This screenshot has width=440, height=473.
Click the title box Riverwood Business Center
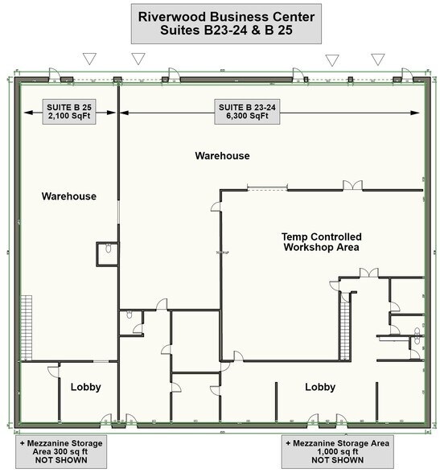coord(226,23)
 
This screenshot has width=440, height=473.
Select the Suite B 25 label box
coord(69,112)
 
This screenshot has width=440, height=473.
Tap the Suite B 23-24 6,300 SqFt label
coord(247,112)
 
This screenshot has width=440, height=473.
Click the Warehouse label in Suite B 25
coord(69,196)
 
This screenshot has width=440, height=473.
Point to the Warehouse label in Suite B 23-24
coord(222,156)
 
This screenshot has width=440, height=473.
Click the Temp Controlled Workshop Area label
coord(322,242)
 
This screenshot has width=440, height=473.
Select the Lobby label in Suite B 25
coord(85,387)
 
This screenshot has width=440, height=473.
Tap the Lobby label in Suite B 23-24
coord(320,387)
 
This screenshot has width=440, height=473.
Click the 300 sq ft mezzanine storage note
coord(61,451)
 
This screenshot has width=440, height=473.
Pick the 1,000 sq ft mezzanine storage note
coord(338,451)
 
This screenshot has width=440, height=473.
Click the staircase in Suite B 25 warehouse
coord(27,327)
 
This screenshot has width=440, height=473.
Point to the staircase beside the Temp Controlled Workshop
coord(344,327)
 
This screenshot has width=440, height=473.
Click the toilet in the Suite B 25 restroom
coord(109,249)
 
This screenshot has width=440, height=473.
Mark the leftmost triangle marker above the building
coord(89,59)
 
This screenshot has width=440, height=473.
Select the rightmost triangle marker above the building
coord(377,60)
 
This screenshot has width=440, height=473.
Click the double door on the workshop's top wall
coord(352,186)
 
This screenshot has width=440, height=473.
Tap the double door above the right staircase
coord(369,273)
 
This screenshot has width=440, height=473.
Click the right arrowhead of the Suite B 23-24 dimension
coord(415,113)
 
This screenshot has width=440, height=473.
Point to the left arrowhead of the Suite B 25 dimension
coord(28,113)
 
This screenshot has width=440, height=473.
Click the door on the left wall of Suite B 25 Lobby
coord(54,372)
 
